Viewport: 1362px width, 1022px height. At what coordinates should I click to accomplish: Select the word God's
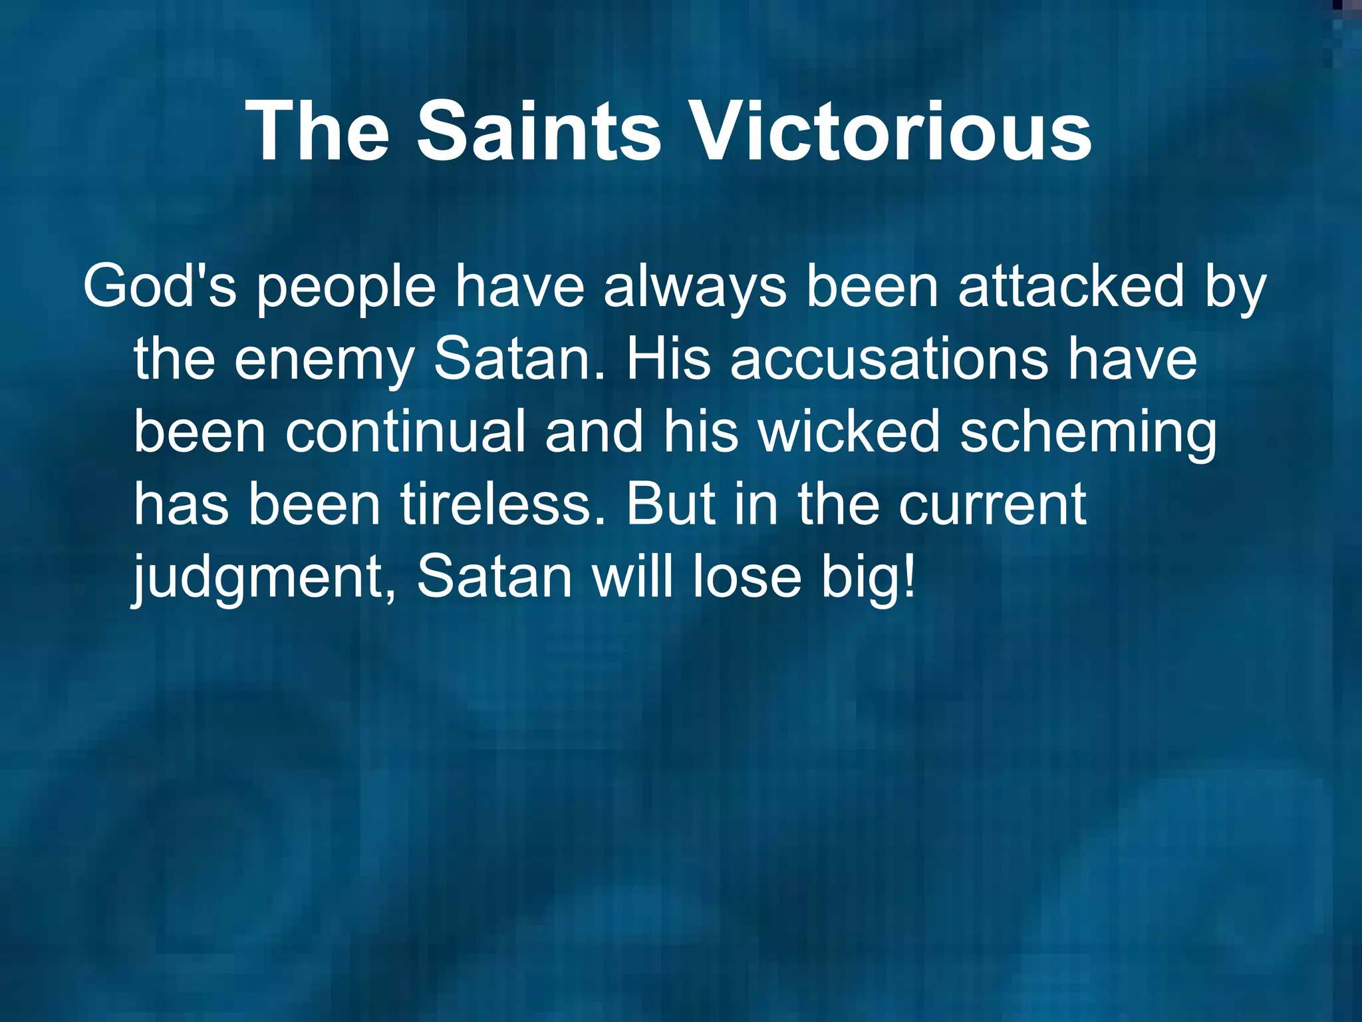160,287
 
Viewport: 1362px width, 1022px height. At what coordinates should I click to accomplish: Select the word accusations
888,359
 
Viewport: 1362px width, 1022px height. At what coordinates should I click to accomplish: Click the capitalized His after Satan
668,359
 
